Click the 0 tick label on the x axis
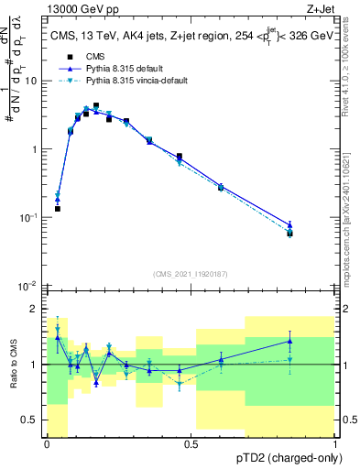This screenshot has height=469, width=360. click(x=47, y=444)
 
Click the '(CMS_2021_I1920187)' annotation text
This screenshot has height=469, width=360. click(x=191, y=273)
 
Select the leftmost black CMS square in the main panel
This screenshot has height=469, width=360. click(x=58, y=209)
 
